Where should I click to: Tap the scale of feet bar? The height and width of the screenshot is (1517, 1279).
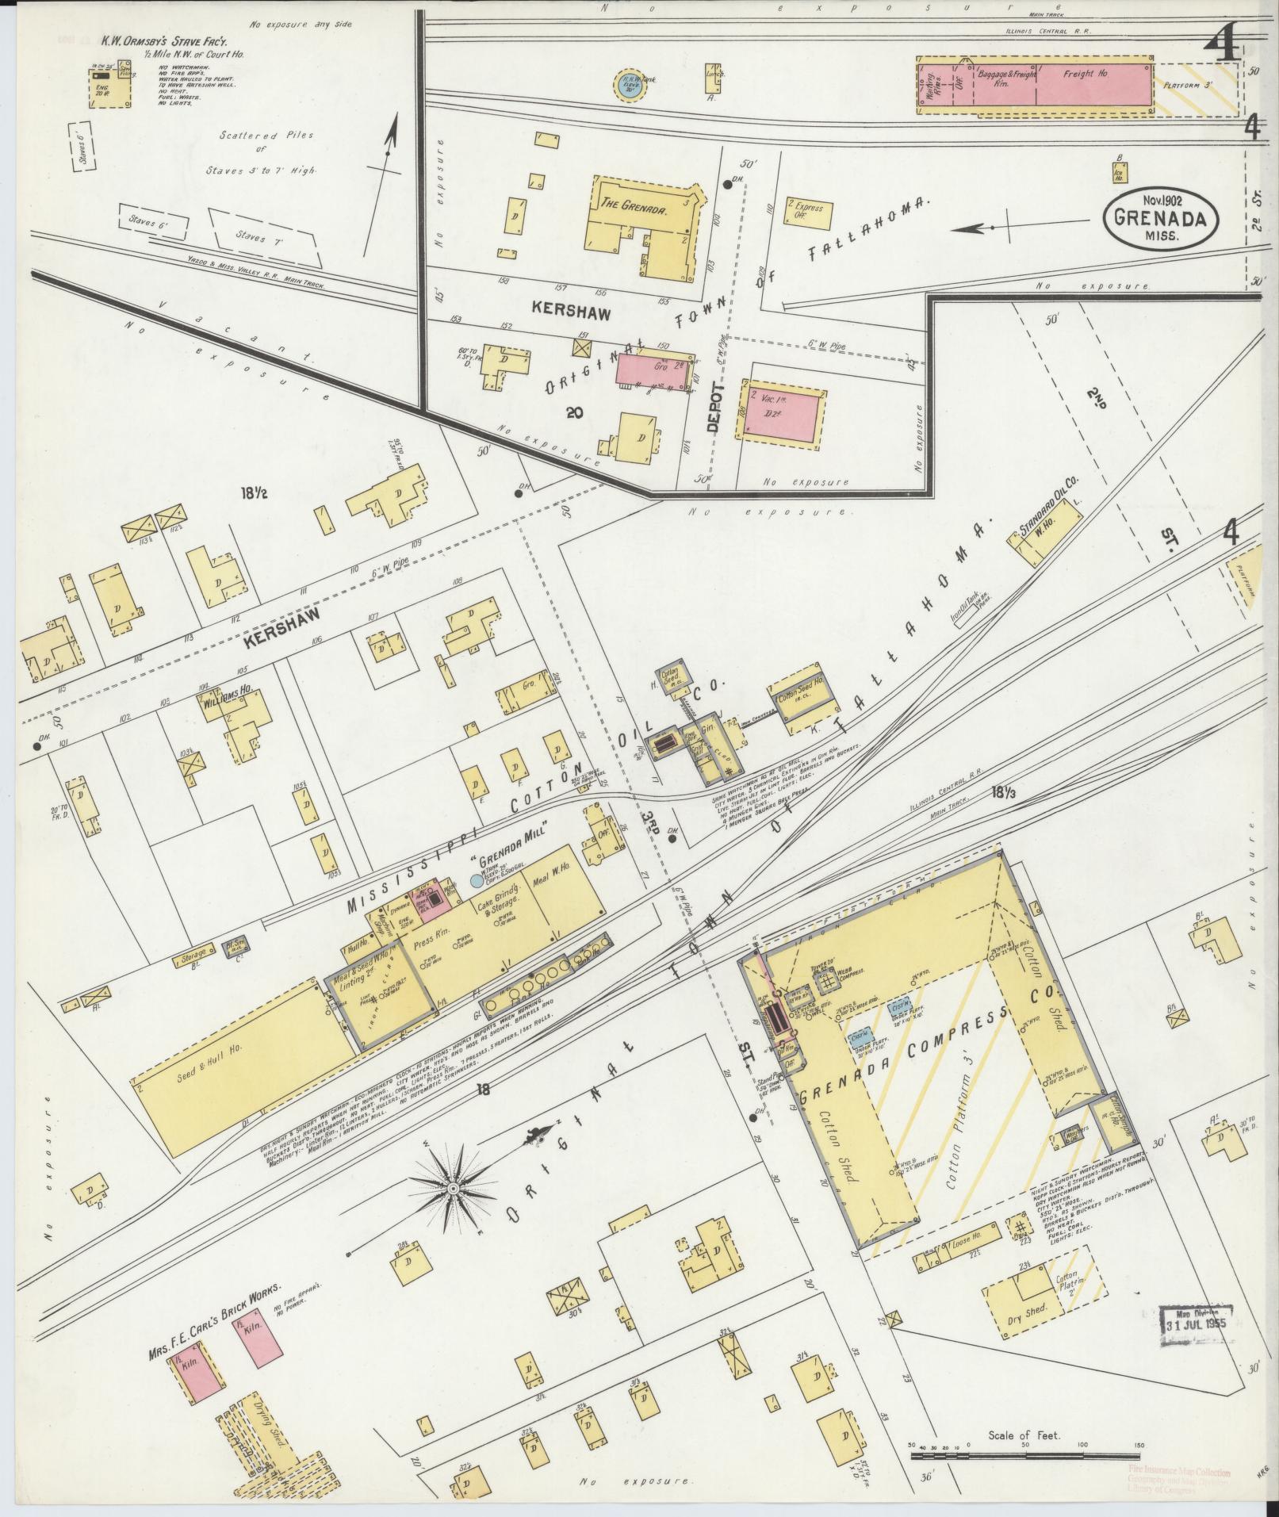[1023, 1456]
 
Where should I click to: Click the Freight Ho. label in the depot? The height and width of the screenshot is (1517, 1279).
[1084, 74]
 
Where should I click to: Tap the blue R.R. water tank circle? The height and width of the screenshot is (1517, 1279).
[631, 82]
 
